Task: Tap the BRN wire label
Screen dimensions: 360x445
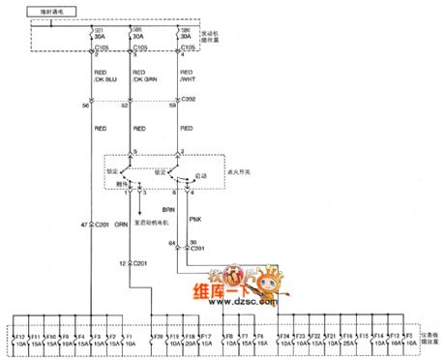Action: [x=166, y=208]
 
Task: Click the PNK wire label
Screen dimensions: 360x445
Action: [x=194, y=220]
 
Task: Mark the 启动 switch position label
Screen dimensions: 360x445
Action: [x=201, y=176]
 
